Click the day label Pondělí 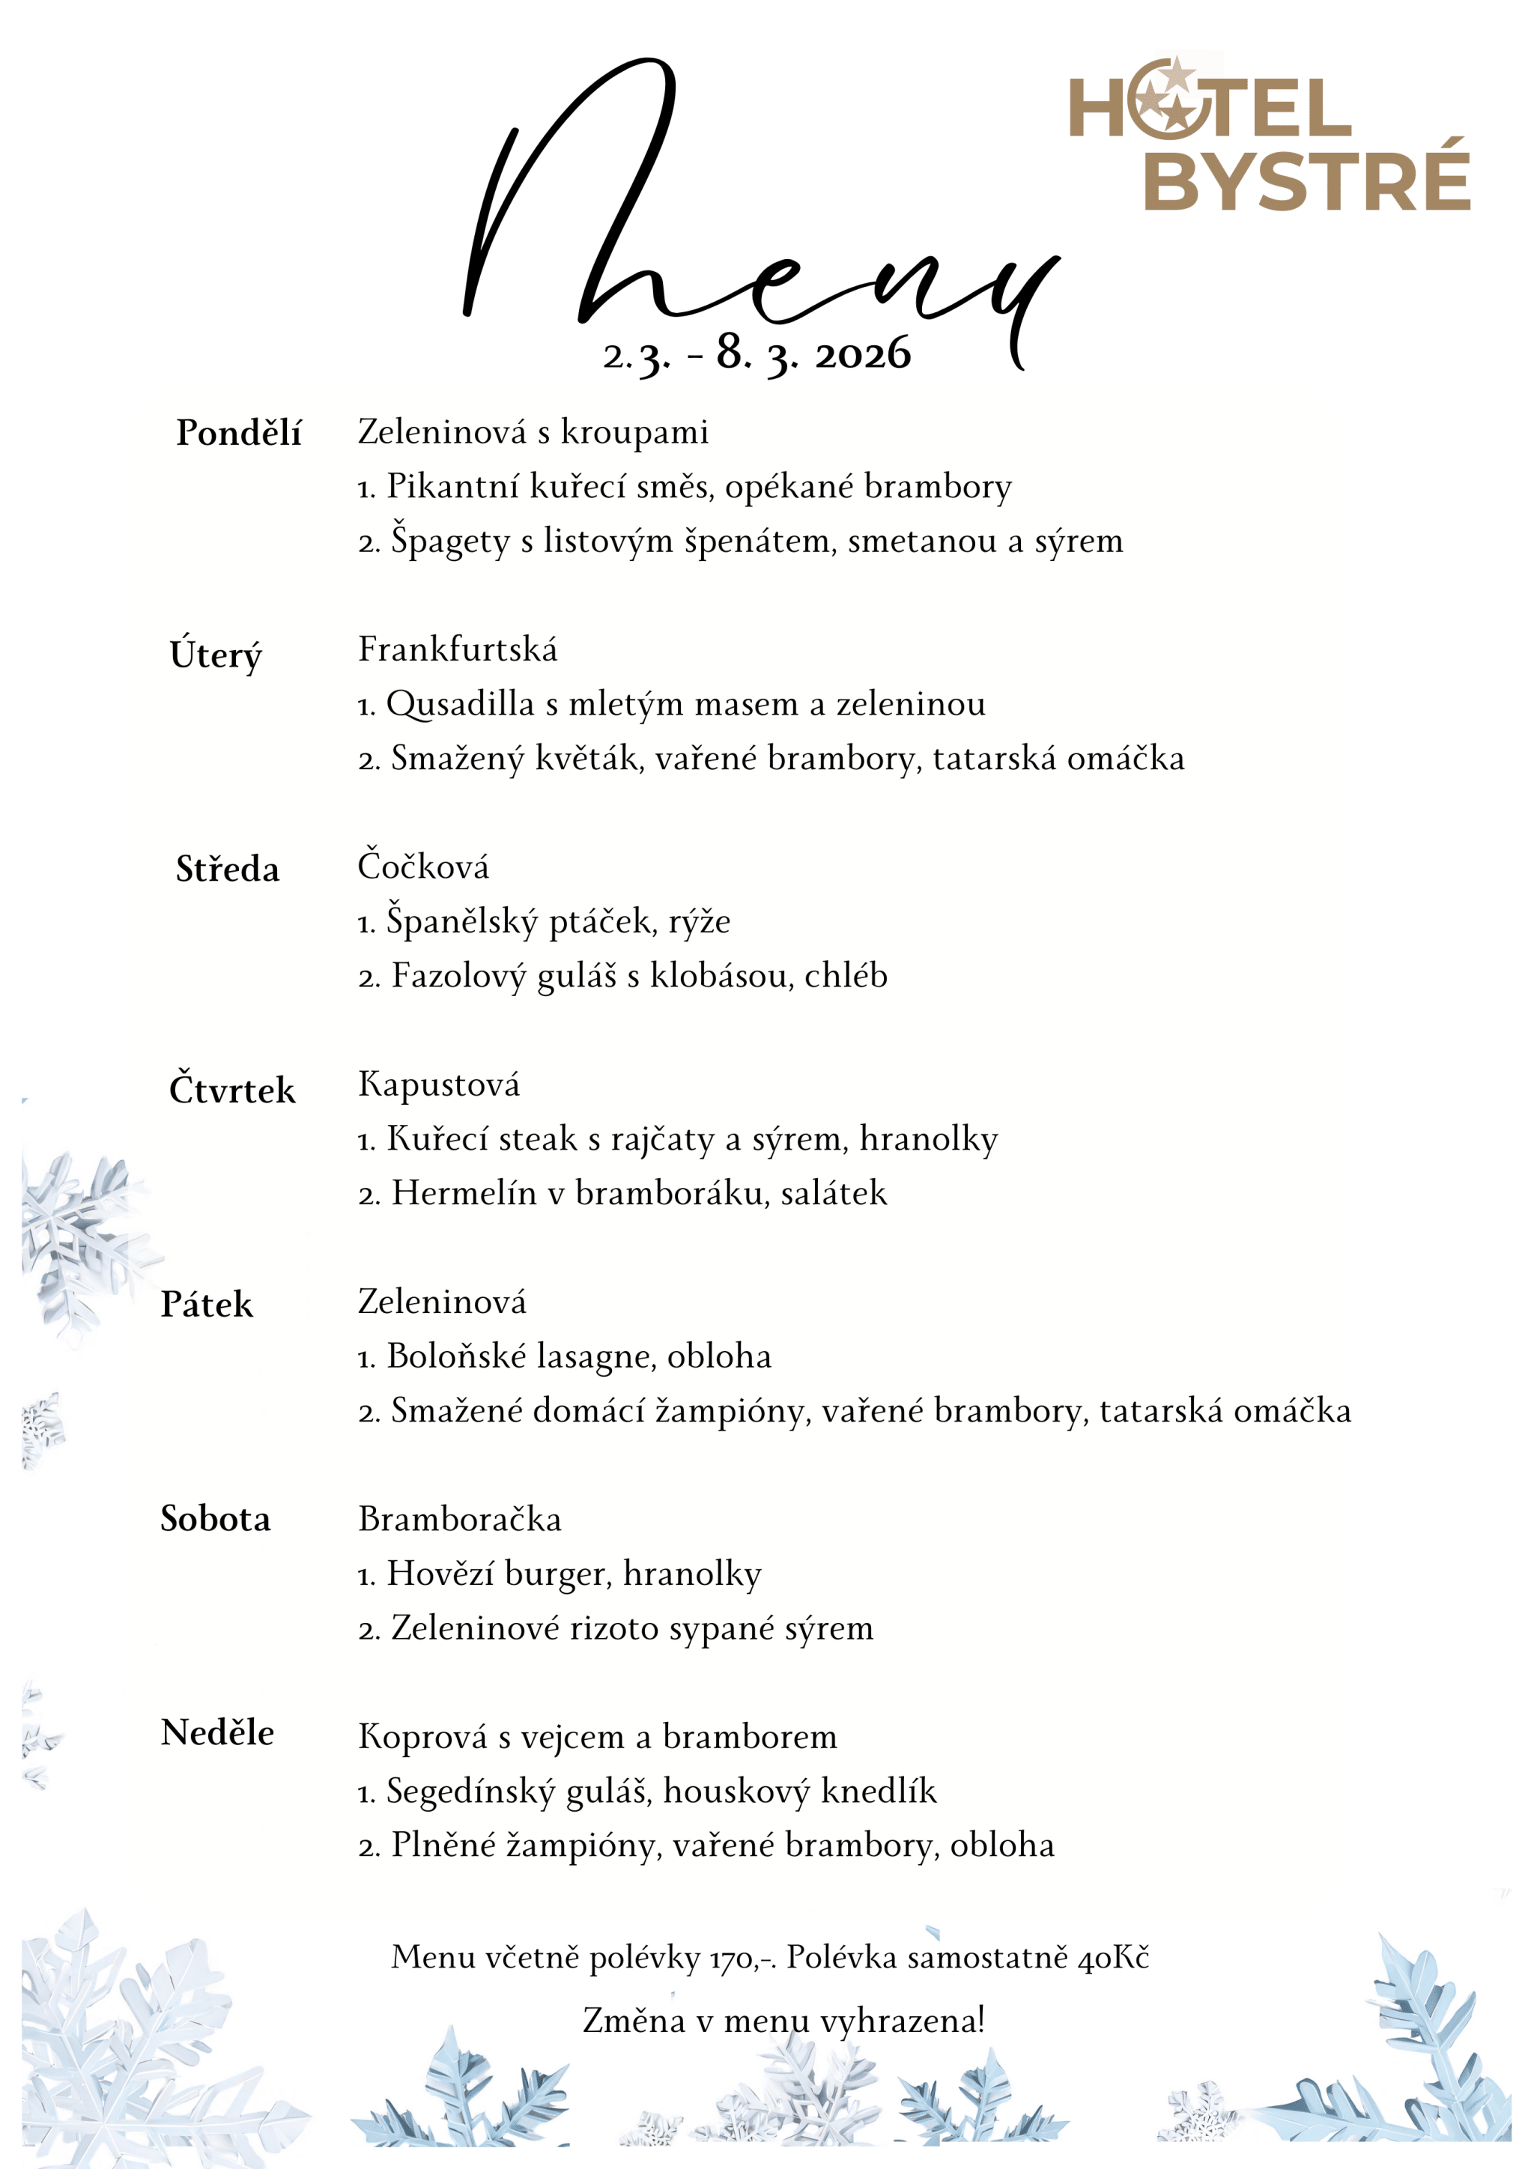point(238,434)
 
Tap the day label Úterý point(216,655)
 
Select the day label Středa point(228,869)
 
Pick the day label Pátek point(207,1305)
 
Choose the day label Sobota point(216,1519)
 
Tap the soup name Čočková point(423,867)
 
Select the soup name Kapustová point(438,1084)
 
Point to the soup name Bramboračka point(459,1519)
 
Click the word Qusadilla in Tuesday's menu point(460,705)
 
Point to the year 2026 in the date point(862,355)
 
